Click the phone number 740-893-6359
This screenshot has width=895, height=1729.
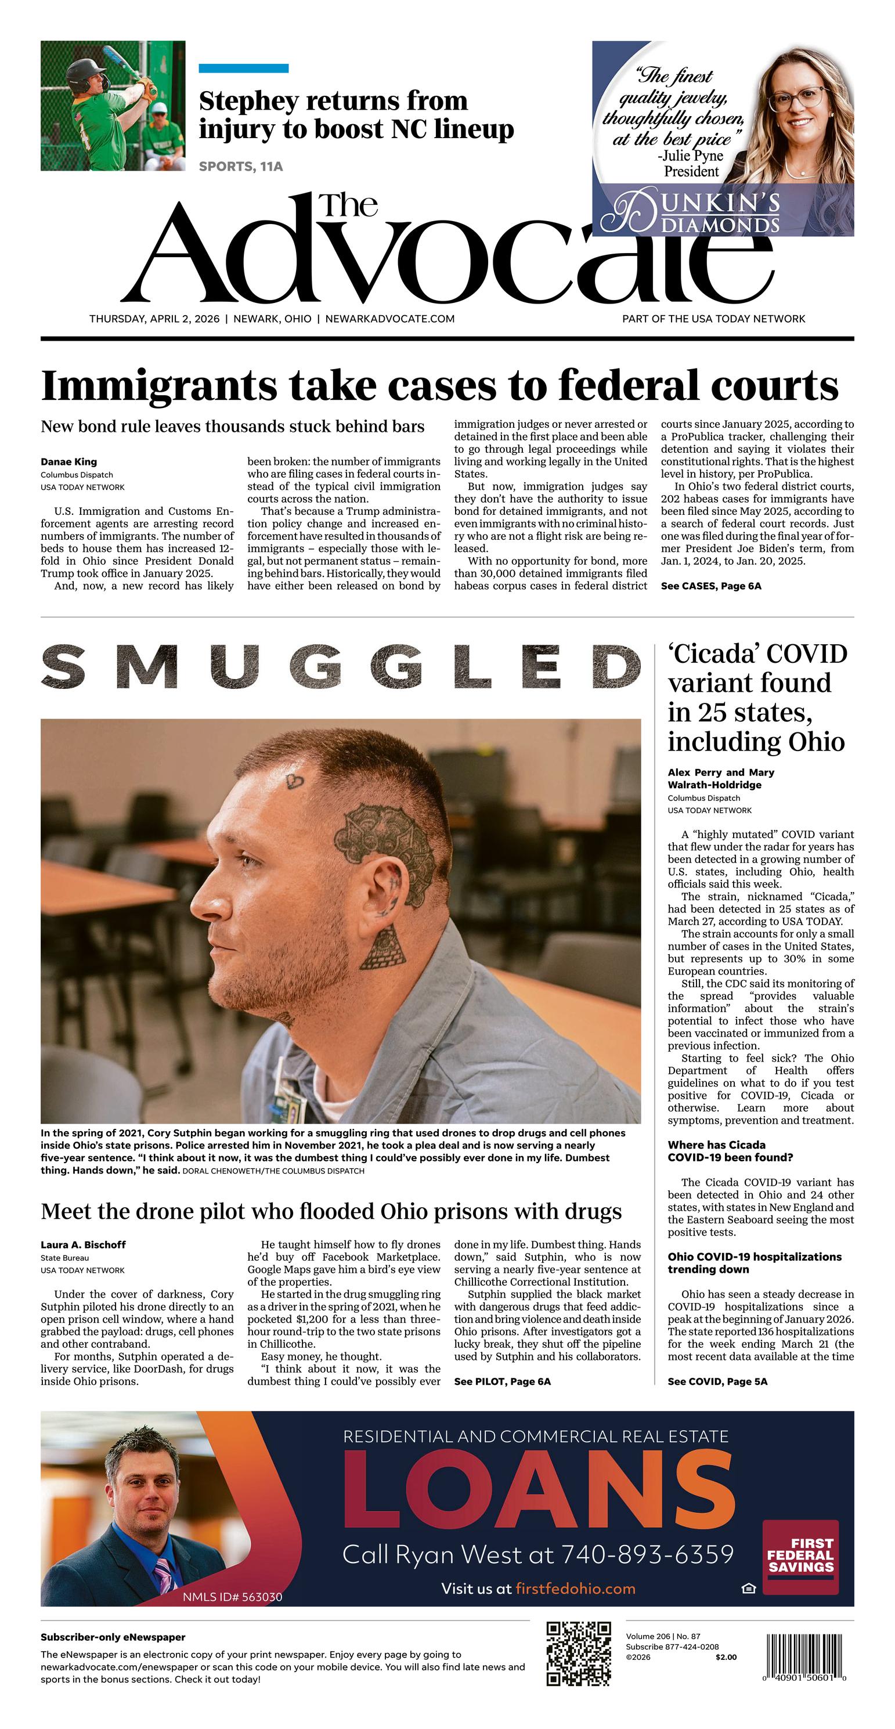[647, 1554]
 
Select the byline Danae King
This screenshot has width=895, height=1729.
[68, 462]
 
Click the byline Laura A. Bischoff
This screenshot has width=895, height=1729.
[83, 1244]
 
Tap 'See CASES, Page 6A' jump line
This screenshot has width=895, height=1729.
[711, 586]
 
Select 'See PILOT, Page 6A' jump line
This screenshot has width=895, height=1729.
[502, 1381]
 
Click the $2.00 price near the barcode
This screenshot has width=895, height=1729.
[726, 1657]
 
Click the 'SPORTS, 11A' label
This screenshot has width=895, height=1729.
[241, 167]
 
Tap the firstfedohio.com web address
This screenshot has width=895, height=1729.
[575, 1589]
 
